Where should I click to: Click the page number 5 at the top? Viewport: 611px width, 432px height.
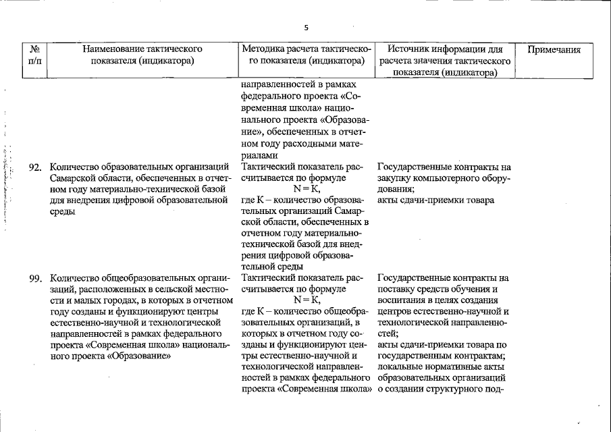[x=306, y=28]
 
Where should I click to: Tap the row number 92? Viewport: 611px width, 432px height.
[x=36, y=167]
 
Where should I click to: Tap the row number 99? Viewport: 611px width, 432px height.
[x=36, y=278]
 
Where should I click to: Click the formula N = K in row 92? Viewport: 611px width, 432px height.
[x=307, y=189]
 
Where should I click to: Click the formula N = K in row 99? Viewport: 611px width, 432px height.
[x=307, y=300]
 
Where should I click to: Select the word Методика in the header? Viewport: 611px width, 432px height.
[x=263, y=49]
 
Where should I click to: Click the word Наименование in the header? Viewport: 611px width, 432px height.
[x=122, y=49]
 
